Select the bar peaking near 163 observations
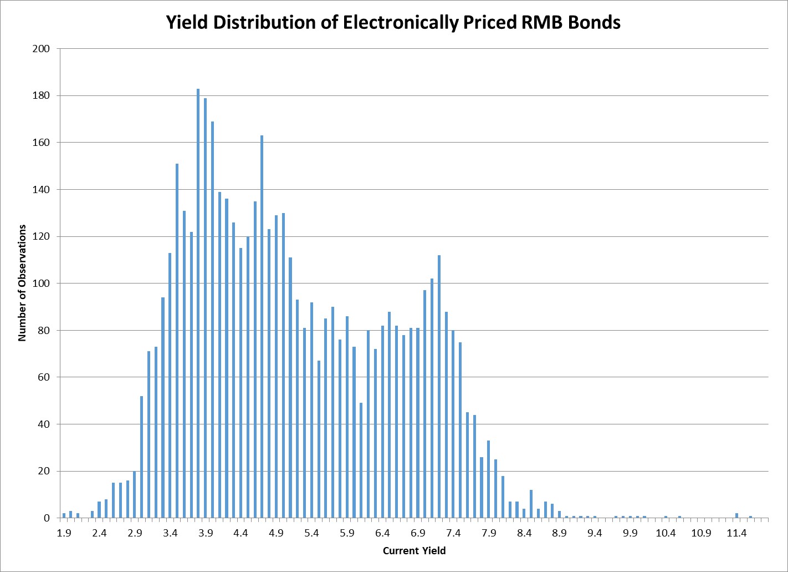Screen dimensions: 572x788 pyautogui.click(x=262, y=327)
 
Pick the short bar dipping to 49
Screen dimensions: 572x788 pyautogui.click(x=361, y=460)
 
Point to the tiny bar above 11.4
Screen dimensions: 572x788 pyautogui.click(x=736, y=516)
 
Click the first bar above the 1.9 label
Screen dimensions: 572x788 pyautogui.click(x=64, y=516)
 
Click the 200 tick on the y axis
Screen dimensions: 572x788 pyautogui.click(x=42, y=49)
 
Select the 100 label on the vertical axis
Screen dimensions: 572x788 pyautogui.click(x=42, y=284)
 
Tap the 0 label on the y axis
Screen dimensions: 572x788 pyautogui.click(x=47, y=518)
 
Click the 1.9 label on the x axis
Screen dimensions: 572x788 pyautogui.click(x=64, y=534)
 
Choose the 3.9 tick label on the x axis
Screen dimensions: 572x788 pyautogui.click(x=206, y=534)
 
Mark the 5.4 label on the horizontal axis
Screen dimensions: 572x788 pyautogui.click(x=311, y=534)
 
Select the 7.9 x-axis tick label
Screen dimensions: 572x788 pyautogui.click(x=489, y=534)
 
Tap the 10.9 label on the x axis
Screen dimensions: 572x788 pyautogui.click(x=701, y=534)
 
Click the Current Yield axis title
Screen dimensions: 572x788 pyautogui.click(x=414, y=551)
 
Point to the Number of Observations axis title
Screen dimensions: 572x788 pyautogui.click(x=23, y=283)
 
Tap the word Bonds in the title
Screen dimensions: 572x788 pyautogui.click(x=594, y=23)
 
